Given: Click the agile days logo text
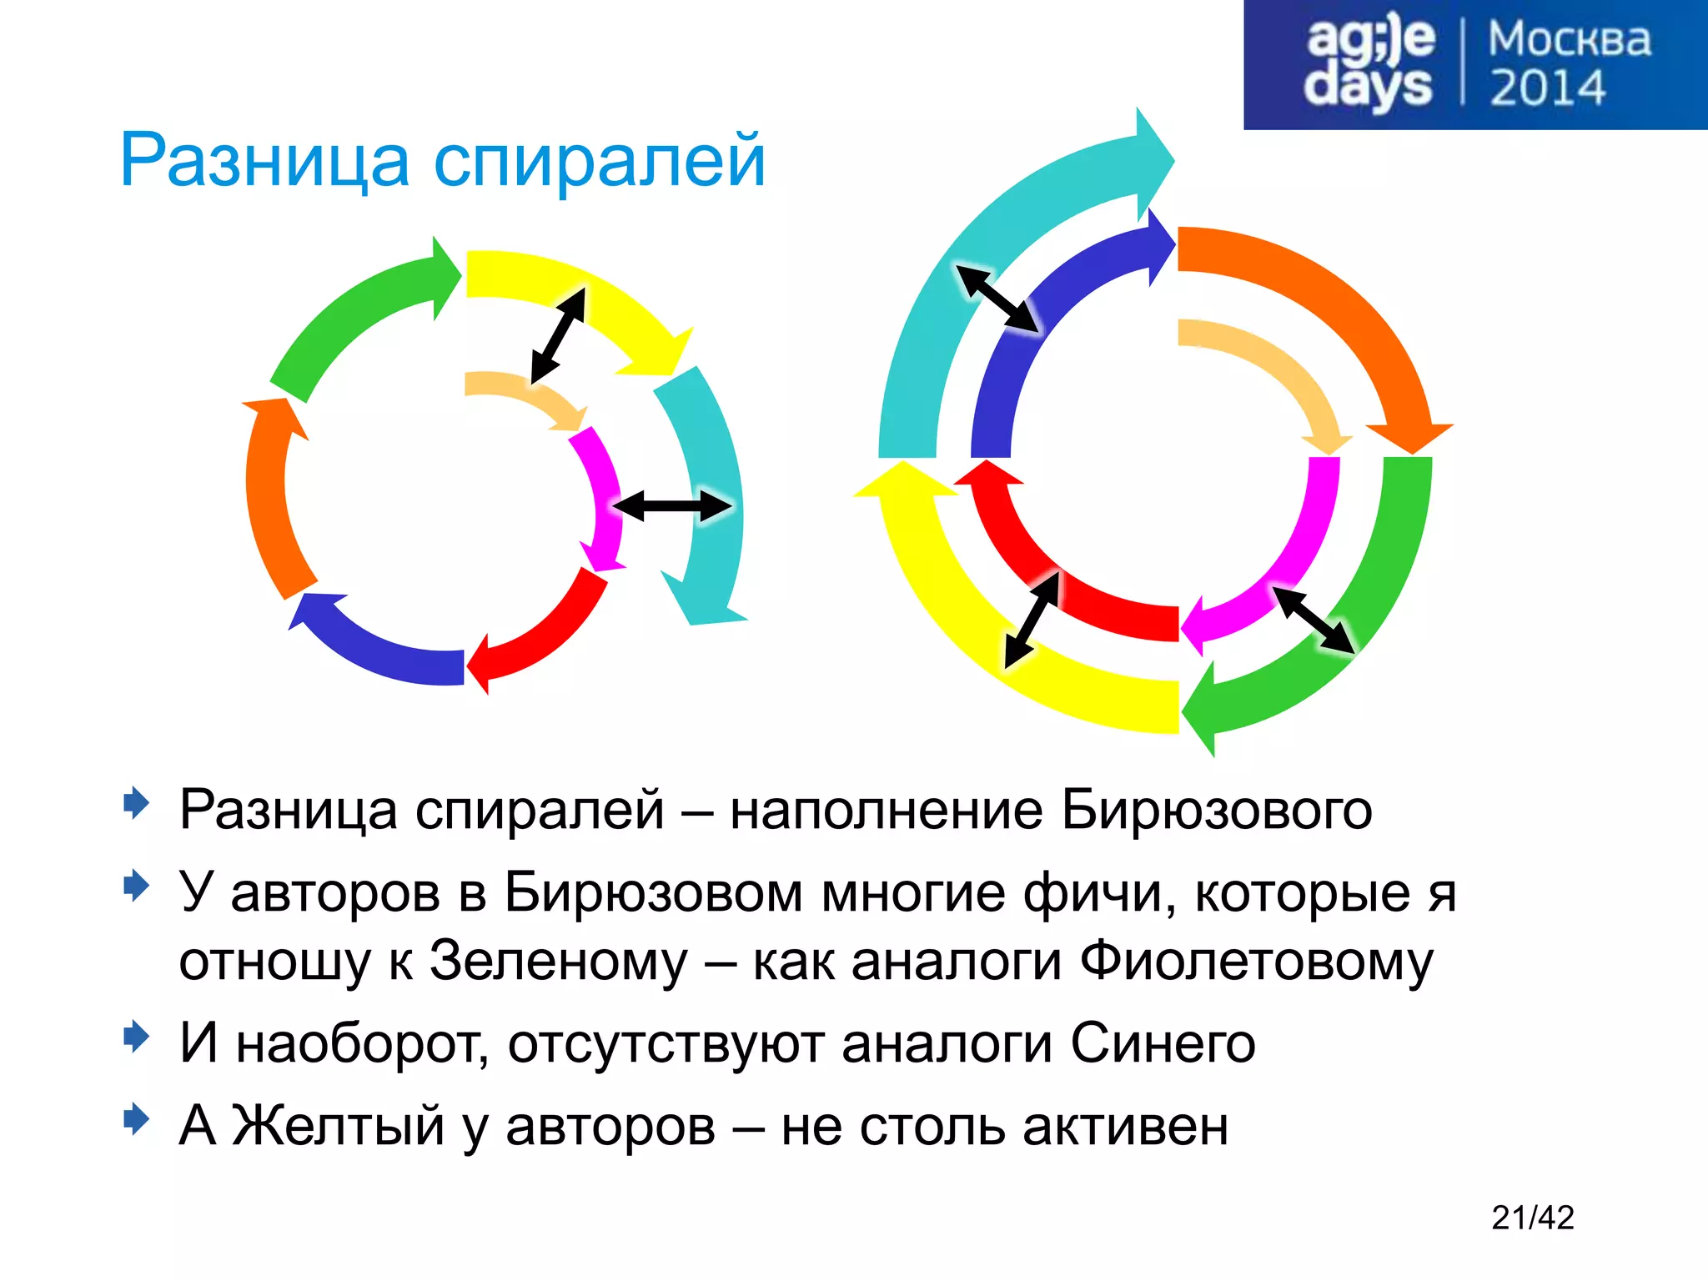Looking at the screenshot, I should click(1369, 63).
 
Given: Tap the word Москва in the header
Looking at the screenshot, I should click(1569, 39).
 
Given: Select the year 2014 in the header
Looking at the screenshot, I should click(1547, 88).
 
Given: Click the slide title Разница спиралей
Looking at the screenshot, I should click(442, 160).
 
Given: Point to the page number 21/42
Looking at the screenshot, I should click(1532, 1218).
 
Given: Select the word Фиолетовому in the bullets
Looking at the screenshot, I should click(1256, 961).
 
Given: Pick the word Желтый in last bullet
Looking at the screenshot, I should click(338, 1125).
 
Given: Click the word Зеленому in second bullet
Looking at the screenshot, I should click(558, 961).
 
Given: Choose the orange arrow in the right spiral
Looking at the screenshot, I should click(1351, 317).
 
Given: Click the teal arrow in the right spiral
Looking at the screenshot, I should click(959, 292).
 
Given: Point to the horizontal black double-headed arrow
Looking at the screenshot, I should click(672, 505).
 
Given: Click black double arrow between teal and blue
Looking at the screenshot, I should click(997, 299).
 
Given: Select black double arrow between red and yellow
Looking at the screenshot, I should click(1032, 620).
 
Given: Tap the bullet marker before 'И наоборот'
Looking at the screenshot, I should click(136, 1037).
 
